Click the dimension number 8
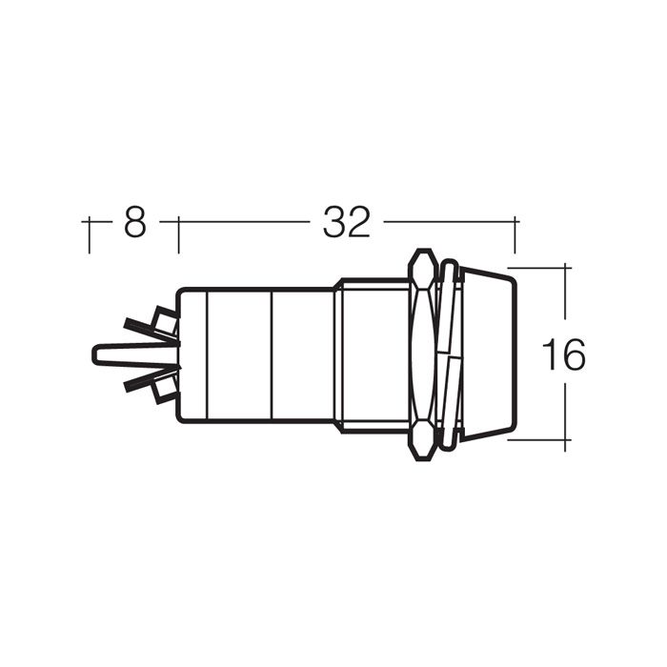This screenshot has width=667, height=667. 135,222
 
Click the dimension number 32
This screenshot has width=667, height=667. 346,222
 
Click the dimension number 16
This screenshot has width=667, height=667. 564,354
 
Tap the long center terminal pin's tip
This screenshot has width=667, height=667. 92,354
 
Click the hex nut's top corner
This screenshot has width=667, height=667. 423,251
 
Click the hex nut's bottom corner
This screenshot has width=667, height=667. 423,458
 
